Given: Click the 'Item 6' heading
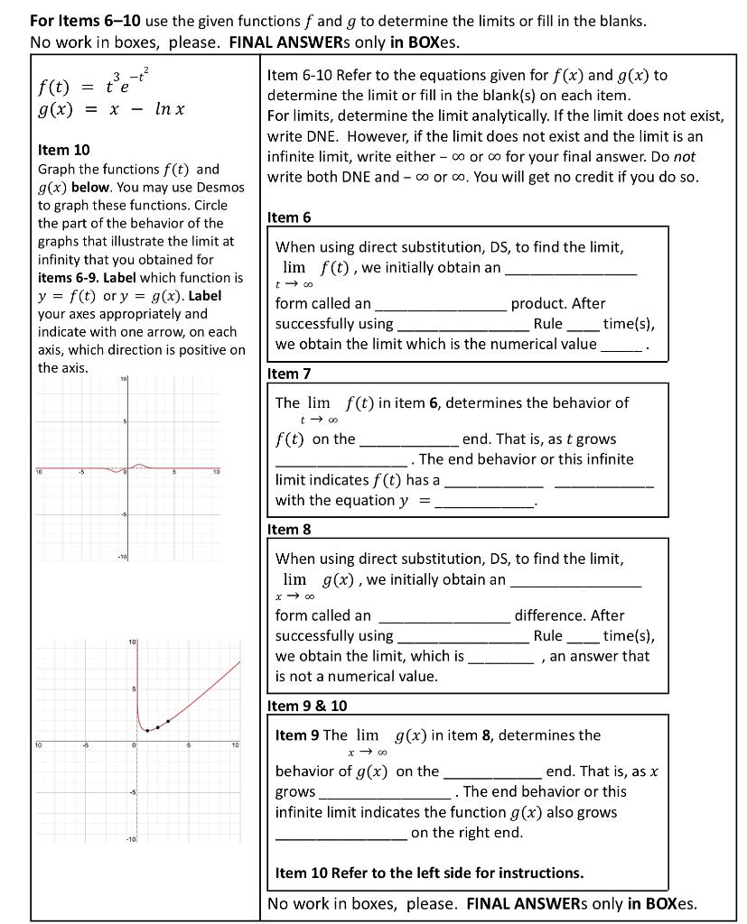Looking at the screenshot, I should (289, 217).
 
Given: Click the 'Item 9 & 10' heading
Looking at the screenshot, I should (307, 706).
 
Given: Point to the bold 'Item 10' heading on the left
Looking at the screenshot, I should (63, 150).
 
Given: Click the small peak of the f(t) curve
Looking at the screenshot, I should (139, 465).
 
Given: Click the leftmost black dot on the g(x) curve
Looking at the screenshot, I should (147, 729).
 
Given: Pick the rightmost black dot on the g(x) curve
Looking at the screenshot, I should (168, 722).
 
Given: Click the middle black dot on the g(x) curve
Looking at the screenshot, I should (158, 726).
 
